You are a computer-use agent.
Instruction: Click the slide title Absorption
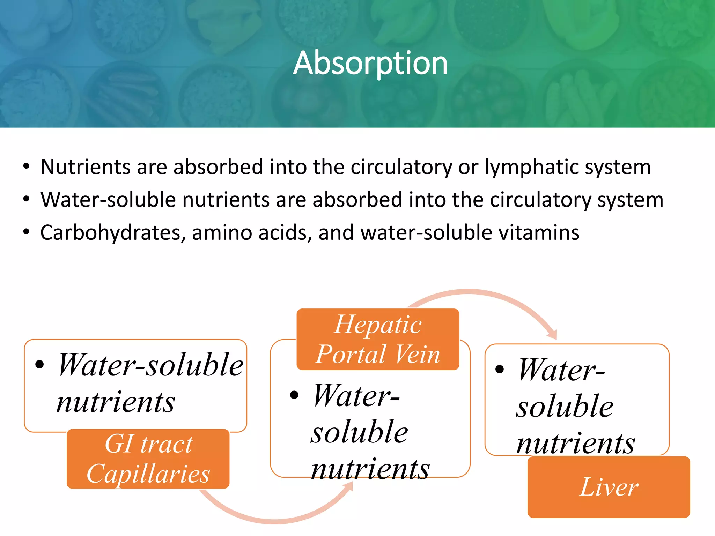[x=370, y=63]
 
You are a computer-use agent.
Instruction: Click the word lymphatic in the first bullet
[x=532, y=167]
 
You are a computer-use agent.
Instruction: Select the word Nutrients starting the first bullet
[x=85, y=167]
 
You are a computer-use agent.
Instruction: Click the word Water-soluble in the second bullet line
[x=108, y=200]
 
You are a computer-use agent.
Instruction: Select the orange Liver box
[x=609, y=487]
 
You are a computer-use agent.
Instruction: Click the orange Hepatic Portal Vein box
[x=378, y=339]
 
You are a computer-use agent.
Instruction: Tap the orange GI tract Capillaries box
[x=148, y=459]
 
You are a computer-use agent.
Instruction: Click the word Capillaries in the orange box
[x=148, y=474]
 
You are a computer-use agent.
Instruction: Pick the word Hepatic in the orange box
[x=378, y=325]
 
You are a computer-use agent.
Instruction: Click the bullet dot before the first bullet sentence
[x=27, y=167]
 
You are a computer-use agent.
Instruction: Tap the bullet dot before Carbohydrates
[x=27, y=232]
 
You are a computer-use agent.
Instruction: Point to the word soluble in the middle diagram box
[x=360, y=432]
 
